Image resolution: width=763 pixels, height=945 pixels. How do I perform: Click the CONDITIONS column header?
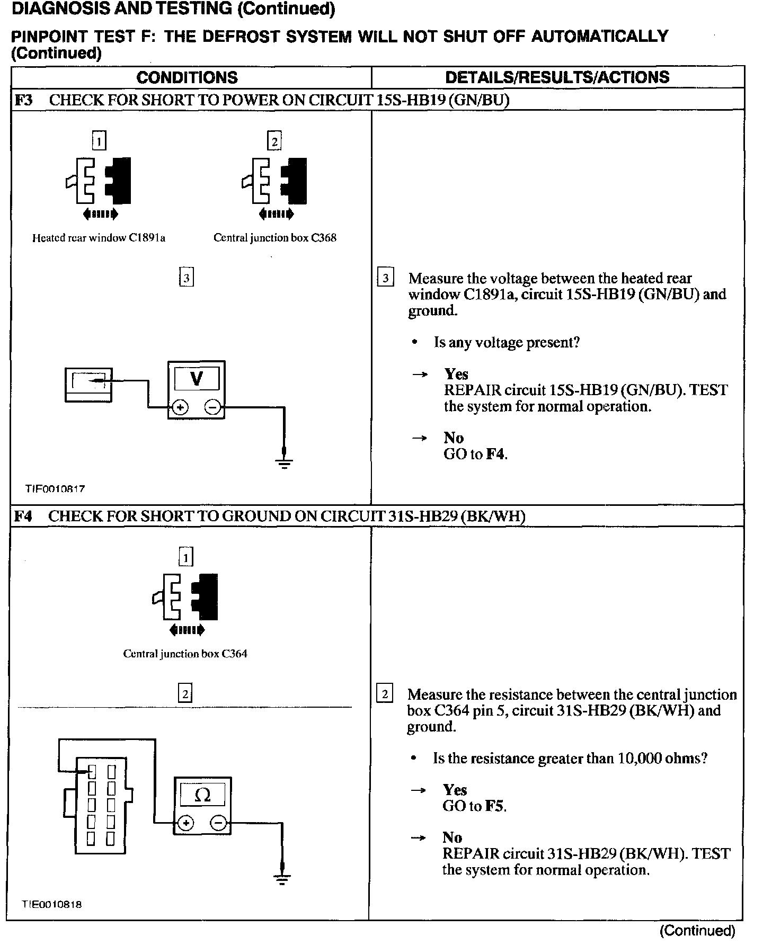tap(187, 77)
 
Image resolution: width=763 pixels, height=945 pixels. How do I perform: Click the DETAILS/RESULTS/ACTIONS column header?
tap(557, 77)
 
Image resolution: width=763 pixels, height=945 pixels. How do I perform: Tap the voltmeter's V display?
tap(197, 379)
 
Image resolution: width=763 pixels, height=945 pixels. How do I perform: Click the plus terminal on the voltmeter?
tap(180, 407)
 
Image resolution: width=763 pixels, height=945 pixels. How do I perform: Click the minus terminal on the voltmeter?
tap(212, 407)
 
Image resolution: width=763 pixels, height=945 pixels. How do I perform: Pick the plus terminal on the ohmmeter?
tap(186, 823)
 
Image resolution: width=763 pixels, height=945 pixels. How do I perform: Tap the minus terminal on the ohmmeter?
tap(219, 823)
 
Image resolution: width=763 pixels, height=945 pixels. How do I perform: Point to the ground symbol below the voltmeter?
tap(285, 463)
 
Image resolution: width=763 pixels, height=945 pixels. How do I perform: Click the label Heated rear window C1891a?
tap(99, 238)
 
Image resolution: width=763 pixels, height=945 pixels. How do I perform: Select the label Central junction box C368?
tap(275, 238)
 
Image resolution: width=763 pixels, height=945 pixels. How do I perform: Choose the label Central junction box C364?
tap(185, 654)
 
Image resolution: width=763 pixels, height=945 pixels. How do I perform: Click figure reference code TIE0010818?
tap(52, 905)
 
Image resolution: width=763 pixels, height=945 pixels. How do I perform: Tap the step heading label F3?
tap(23, 100)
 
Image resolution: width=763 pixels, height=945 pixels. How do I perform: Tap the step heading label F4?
tap(23, 516)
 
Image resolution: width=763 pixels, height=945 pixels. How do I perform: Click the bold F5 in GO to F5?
tap(495, 806)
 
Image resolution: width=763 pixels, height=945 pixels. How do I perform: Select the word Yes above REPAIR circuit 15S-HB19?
tap(456, 374)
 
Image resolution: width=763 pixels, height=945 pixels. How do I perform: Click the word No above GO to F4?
tap(454, 438)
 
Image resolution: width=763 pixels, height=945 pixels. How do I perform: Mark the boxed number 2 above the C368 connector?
tap(274, 141)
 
